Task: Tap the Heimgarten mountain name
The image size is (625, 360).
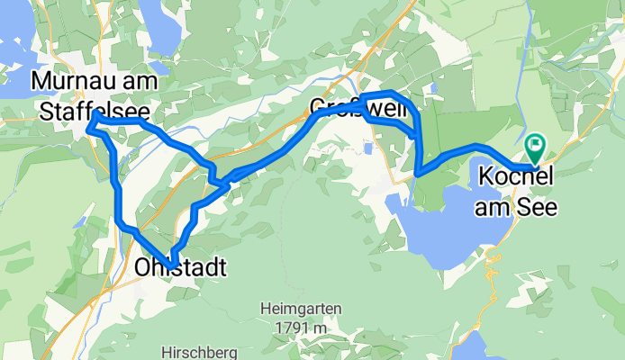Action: click(301, 309)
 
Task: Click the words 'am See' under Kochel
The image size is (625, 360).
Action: click(517, 207)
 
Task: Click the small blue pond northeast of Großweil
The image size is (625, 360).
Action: click(434, 87)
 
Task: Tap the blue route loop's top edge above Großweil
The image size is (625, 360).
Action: click(389, 94)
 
